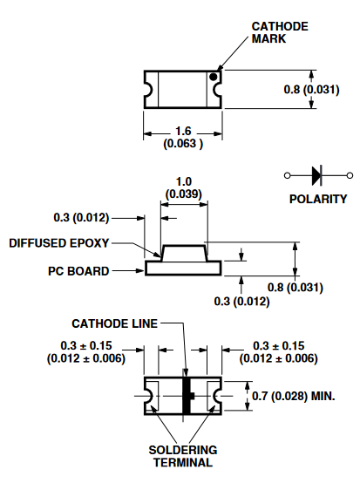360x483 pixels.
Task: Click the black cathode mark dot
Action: coord(213,77)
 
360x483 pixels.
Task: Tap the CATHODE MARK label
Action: coord(280,32)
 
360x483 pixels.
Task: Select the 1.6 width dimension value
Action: coord(183,131)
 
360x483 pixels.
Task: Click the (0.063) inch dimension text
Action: coord(183,144)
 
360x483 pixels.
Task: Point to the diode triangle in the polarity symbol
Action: coord(316,175)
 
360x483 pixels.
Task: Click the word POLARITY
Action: coord(318,199)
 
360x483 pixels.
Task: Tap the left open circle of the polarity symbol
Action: coord(287,175)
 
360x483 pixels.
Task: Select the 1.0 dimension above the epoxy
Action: coord(184,181)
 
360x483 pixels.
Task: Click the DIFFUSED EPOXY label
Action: coord(58,243)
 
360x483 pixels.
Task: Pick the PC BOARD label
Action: coord(78,271)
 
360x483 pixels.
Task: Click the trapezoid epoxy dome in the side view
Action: coord(184,253)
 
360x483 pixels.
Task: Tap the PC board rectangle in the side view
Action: coord(183,268)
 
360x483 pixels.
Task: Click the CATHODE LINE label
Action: coord(114,323)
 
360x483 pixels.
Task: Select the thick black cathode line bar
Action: coord(187,396)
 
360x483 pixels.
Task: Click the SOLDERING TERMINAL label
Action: coord(183,456)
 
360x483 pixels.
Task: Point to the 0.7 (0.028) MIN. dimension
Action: coord(294,396)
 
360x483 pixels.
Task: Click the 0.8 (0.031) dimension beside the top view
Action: coord(312,90)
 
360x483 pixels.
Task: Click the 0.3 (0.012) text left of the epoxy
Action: coord(81,217)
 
